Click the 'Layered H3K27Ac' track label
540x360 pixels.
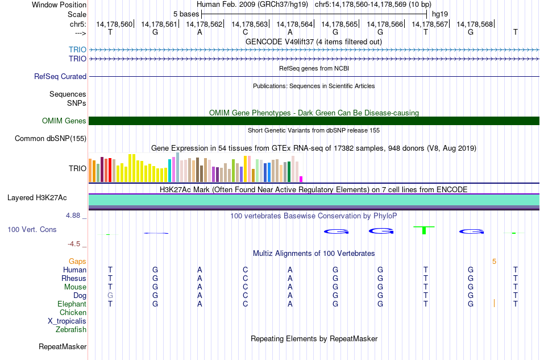point(37,198)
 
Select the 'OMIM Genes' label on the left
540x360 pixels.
point(64,121)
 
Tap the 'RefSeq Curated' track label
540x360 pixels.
point(60,76)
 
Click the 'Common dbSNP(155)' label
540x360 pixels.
point(51,139)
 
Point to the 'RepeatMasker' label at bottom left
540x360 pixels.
point(63,346)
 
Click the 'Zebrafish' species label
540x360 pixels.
point(71,330)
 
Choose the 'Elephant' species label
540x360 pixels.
point(72,304)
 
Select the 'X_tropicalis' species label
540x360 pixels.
point(67,321)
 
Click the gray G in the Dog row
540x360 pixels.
point(110,296)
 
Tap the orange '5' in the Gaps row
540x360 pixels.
point(494,262)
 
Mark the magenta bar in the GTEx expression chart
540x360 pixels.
point(301,179)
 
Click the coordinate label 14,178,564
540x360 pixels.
point(294,24)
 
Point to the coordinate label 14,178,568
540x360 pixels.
point(475,24)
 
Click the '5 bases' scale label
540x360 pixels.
point(186,14)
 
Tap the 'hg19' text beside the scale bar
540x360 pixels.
point(440,14)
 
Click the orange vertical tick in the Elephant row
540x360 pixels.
point(494,303)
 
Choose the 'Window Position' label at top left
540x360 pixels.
point(59,5)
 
